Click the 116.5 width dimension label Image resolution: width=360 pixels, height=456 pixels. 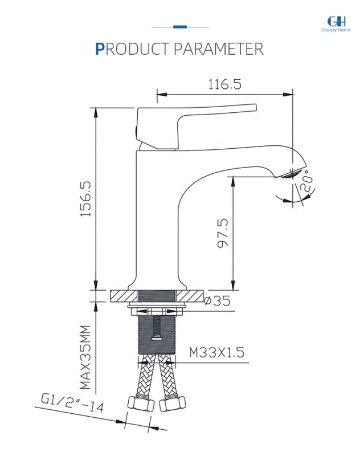[x=224, y=84]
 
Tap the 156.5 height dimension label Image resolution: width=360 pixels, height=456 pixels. [x=85, y=199]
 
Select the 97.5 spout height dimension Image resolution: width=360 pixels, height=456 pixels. [x=223, y=234]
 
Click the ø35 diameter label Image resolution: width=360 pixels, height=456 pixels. [x=218, y=301]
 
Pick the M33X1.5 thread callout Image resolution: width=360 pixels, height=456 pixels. [x=216, y=352]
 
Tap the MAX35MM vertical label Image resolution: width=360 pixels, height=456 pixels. [x=85, y=357]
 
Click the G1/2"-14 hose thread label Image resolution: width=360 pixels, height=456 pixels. [x=72, y=403]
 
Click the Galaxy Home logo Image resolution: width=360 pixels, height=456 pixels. [x=336, y=24]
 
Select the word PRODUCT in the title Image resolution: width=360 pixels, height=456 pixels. [x=132, y=49]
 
